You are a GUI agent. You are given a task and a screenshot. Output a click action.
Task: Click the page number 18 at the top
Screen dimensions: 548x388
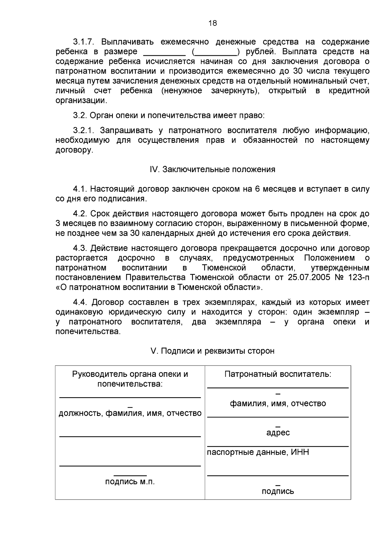click(x=212, y=23)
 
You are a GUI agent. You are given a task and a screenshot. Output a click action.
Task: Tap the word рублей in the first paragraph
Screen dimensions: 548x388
click(x=260, y=52)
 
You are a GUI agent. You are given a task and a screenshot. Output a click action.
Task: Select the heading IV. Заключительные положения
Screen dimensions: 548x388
click(x=212, y=170)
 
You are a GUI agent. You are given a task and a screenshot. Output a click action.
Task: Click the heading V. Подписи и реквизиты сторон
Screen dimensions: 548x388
click(x=212, y=351)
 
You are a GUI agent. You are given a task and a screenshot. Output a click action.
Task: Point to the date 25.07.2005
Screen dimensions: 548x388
click(x=309, y=278)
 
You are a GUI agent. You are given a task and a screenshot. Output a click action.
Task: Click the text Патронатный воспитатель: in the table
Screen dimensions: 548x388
click(x=278, y=374)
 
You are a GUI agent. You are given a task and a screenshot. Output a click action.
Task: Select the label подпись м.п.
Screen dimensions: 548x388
click(x=130, y=482)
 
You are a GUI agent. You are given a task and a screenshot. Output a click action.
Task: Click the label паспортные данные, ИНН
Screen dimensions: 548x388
click(x=258, y=452)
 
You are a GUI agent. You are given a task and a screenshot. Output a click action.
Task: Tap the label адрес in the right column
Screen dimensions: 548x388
click(x=278, y=433)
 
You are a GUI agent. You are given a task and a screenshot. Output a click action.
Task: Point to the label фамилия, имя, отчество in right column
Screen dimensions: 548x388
click(x=278, y=404)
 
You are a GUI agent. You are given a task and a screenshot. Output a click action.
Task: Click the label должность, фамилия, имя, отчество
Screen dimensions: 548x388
click(x=130, y=413)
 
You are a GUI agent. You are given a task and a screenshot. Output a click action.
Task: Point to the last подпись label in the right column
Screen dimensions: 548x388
click(x=278, y=492)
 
